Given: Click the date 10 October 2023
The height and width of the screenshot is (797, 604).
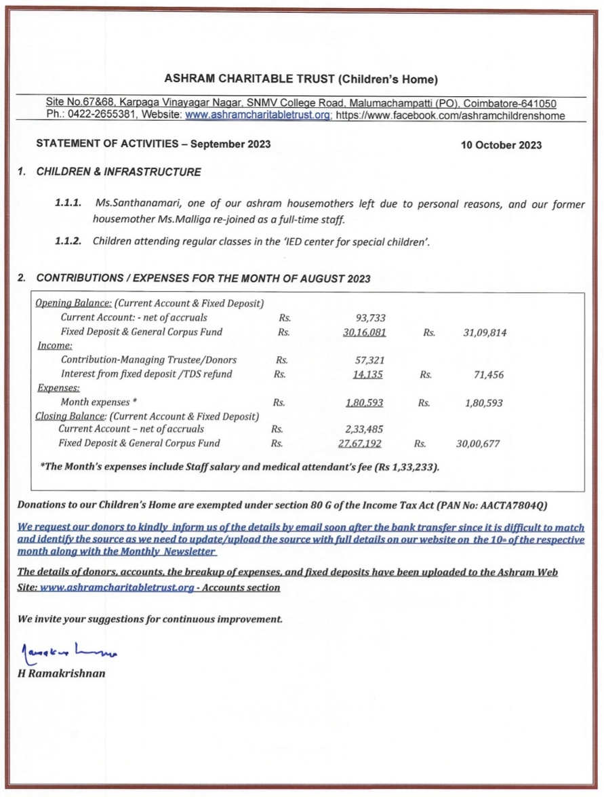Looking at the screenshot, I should pos(501,144).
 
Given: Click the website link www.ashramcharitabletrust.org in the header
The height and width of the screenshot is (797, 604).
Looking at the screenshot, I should pos(258,115).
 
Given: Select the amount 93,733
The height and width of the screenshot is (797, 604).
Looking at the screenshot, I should pos(370,317).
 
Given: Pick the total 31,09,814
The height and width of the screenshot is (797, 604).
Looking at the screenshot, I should pos(485,332).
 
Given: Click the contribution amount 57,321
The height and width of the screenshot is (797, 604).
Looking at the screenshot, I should pos(370,360).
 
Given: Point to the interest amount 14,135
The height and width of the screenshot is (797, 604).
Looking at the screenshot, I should pos(369,374).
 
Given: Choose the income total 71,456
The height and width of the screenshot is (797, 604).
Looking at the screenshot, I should pos(489,374).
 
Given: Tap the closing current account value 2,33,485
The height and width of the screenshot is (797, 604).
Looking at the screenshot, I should pos(365,429).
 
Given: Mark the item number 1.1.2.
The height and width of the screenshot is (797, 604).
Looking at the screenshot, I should pos(68,240).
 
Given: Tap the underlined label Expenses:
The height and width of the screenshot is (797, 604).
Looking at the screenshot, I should pos(58,389).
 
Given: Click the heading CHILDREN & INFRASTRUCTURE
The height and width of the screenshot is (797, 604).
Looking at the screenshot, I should pos(119,172).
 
